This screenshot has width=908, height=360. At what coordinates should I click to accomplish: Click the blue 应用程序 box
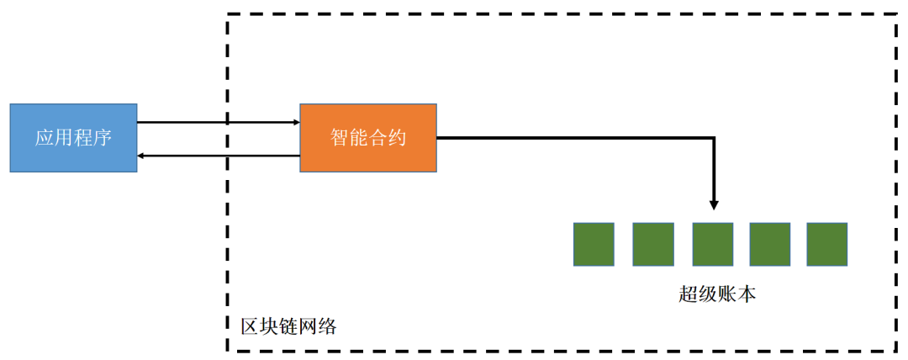(73, 138)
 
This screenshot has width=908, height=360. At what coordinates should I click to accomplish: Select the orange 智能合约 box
(368, 138)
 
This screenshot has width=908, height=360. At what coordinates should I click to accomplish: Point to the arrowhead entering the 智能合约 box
(295, 123)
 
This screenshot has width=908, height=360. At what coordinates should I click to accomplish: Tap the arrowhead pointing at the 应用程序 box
(142, 156)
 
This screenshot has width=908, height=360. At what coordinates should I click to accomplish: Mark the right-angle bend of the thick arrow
(714, 137)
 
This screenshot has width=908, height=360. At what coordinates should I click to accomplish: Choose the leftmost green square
(594, 245)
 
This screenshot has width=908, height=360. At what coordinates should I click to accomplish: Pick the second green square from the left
(653, 245)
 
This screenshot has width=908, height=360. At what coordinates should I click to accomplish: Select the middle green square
(713, 245)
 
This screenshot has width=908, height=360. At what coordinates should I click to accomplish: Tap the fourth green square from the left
(770, 245)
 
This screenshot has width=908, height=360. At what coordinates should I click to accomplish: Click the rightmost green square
(827, 245)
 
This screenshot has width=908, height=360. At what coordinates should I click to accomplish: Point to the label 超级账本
(718, 294)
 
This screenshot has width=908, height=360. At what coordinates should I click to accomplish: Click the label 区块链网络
(288, 326)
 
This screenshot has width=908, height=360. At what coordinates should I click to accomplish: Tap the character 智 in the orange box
(340, 138)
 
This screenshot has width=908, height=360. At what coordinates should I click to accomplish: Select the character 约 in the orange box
(397, 138)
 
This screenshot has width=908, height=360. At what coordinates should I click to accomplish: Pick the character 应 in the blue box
(45, 138)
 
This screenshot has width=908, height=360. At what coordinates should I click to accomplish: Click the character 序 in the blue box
(102, 138)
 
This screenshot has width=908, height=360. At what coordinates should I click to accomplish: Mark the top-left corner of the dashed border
(228, 14)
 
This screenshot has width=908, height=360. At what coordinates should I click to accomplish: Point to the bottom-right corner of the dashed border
(896, 350)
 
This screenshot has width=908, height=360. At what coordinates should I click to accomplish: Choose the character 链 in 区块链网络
(288, 326)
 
